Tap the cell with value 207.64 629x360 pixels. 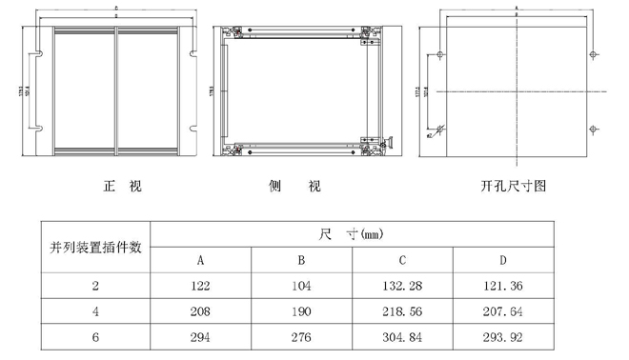point(502,311)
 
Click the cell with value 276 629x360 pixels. point(300,337)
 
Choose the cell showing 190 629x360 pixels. point(300,311)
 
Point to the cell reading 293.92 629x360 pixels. point(502,337)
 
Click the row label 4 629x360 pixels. point(95,311)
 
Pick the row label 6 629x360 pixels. point(95,337)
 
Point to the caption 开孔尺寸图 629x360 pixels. point(514,186)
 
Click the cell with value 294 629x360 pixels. point(201,337)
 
